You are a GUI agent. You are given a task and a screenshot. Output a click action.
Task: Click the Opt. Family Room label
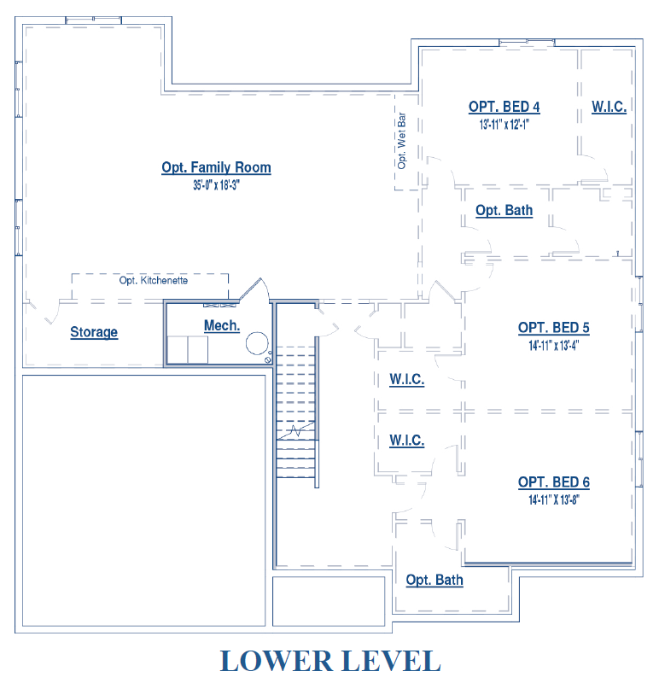pyautogui.click(x=216, y=167)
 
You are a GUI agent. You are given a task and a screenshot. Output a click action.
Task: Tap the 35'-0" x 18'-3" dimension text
pyautogui.click(x=217, y=185)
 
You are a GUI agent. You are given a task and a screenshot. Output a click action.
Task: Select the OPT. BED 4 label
pyautogui.click(x=504, y=107)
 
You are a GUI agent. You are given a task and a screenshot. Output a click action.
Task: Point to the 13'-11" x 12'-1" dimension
pyautogui.click(x=504, y=125)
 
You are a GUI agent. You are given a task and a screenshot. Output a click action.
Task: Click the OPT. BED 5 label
pyautogui.click(x=554, y=328)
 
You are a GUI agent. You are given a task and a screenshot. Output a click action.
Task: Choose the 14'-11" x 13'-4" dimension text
pyautogui.click(x=554, y=346)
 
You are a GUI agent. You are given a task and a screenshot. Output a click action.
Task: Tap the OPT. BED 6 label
pyautogui.click(x=554, y=482)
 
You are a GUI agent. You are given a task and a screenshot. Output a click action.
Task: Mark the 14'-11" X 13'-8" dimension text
pyautogui.click(x=554, y=499)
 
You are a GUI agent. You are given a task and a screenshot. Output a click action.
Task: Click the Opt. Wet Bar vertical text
pyautogui.click(x=401, y=141)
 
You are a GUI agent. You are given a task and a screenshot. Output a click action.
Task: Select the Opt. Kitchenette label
pyautogui.click(x=154, y=280)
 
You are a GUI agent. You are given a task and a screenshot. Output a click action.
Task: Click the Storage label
pyautogui.click(x=94, y=332)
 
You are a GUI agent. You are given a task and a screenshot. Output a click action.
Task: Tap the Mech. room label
pyautogui.click(x=222, y=325)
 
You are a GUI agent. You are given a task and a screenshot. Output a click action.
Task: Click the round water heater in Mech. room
pyautogui.click(x=257, y=344)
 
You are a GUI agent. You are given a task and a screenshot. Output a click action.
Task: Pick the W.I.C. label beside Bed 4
pyautogui.click(x=609, y=107)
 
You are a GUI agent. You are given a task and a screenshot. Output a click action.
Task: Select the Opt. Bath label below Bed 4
pyautogui.click(x=504, y=210)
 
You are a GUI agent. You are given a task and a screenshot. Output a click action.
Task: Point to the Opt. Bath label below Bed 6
pyautogui.click(x=434, y=581)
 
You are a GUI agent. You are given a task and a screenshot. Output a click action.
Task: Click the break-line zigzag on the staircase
pyautogui.click(x=296, y=431)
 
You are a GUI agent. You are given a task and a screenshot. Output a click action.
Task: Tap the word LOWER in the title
pyautogui.click(x=276, y=661)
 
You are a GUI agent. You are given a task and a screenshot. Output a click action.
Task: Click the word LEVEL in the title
pyautogui.click(x=392, y=661)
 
